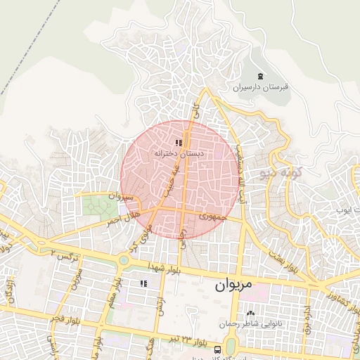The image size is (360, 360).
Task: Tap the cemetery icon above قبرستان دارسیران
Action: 262,76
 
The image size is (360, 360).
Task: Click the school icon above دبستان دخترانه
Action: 179,142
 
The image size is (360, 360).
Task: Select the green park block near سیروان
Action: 99,206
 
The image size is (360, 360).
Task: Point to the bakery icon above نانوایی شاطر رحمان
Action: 250,314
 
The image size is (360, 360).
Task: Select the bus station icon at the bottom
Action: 218,349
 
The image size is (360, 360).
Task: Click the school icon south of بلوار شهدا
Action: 143,283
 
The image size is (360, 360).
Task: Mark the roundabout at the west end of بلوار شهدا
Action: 124,259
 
